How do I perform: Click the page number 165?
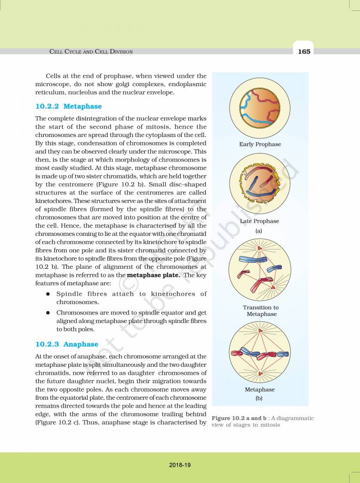(x=304, y=51)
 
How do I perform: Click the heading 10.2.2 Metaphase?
(x=68, y=106)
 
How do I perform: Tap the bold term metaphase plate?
(x=153, y=275)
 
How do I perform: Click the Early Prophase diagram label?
(x=260, y=144)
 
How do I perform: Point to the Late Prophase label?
(x=259, y=221)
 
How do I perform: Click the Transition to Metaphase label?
(x=260, y=311)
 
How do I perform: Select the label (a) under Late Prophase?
(x=259, y=231)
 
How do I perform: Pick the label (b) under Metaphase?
(x=259, y=398)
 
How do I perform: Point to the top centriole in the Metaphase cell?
(x=259, y=333)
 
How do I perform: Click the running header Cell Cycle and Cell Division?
(x=91, y=52)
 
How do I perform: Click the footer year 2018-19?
(x=180, y=465)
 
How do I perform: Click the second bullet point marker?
(x=48, y=313)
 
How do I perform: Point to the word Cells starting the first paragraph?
(x=55, y=76)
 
